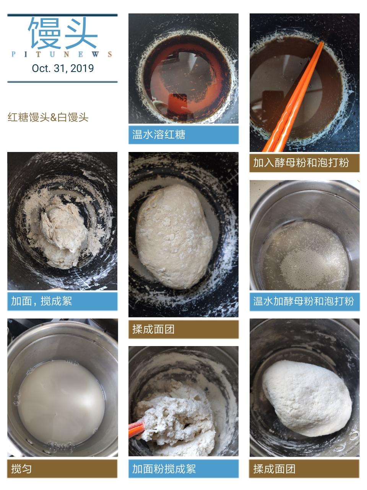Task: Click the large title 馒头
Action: tap(62, 33)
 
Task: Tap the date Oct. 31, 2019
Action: tap(63, 68)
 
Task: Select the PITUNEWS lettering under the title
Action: tap(62, 54)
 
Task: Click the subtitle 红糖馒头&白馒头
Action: tap(48, 117)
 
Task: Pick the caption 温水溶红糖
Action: tap(159, 134)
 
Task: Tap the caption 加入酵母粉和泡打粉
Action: tap(301, 162)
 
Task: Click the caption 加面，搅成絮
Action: tap(41, 301)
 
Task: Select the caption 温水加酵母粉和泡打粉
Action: tap(304, 301)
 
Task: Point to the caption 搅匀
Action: tap(21, 469)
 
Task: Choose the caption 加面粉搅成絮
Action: tap(164, 469)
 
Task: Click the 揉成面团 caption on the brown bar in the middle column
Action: tap(153, 329)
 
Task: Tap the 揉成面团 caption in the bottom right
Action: tap(274, 469)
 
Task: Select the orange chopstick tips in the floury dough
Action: tap(137, 430)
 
